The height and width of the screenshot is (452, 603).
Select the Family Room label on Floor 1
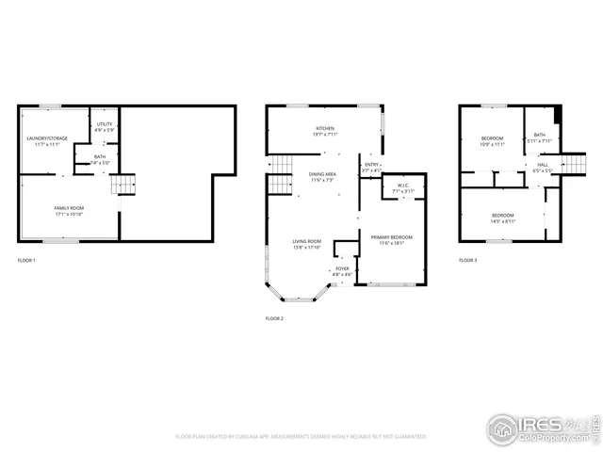(x=68, y=210)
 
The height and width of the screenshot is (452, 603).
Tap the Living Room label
(x=306, y=244)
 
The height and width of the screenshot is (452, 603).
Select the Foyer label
(x=342, y=271)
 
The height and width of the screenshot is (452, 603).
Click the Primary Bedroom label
(x=391, y=240)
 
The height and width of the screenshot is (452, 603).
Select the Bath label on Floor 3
(x=539, y=137)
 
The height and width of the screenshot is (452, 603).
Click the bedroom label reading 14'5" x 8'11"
(x=502, y=218)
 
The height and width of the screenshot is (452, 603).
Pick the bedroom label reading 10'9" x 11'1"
(x=492, y=141)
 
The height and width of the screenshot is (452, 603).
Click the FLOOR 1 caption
(x=26, y=260)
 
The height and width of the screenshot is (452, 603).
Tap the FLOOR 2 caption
(x=274, y=319)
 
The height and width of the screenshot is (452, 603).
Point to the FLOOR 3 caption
(x=467, y=260)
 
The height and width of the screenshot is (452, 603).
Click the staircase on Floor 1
(x=123, y=184)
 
